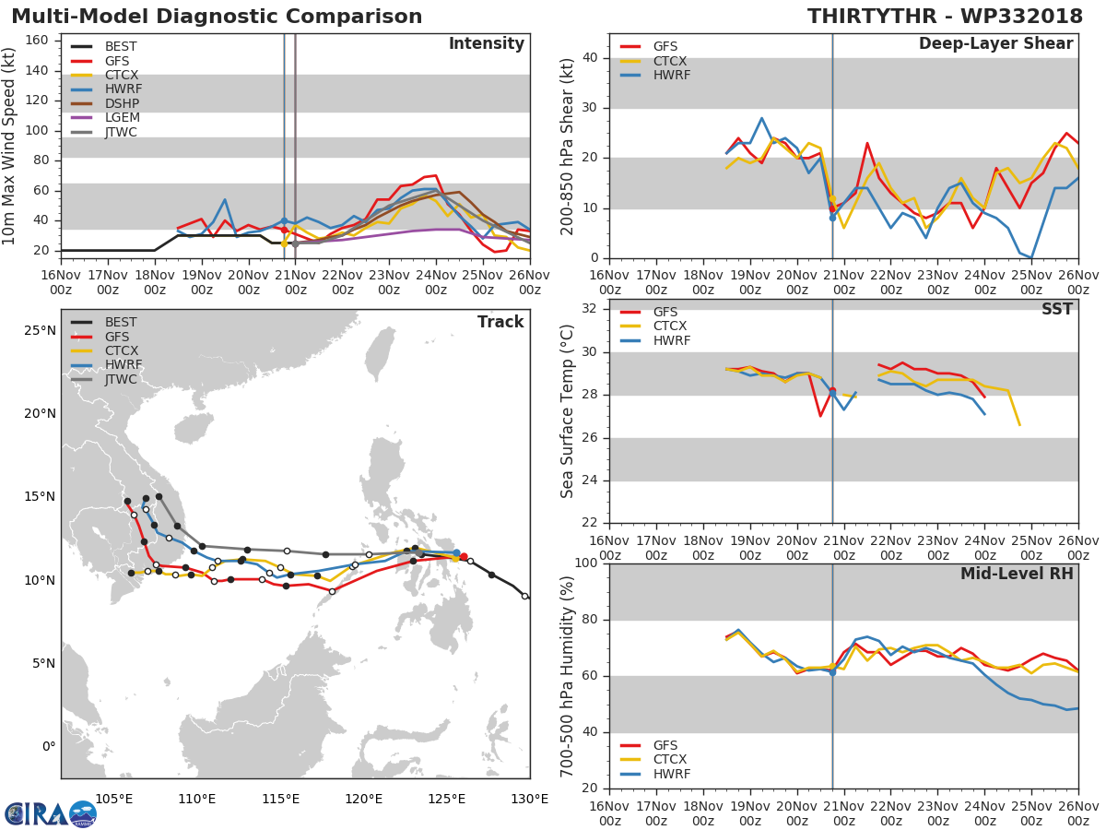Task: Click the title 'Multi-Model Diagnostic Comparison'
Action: [217, 17]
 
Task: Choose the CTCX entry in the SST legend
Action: [671, 326]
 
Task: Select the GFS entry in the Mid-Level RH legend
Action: [671, 745]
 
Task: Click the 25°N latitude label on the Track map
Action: [38, 330]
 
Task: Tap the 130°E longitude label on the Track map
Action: [529, 799]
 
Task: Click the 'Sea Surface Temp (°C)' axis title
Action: [568, 410]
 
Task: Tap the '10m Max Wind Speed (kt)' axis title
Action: [10, 146]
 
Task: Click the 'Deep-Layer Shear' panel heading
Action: [995, 44]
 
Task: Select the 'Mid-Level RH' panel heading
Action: [1017, 574]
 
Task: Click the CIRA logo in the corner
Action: [50, 814]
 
